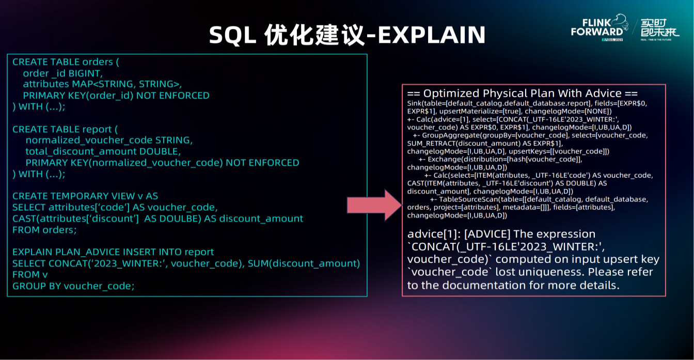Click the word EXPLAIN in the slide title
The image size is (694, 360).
431,35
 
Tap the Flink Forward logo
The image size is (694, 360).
600,27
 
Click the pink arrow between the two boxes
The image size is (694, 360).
374,205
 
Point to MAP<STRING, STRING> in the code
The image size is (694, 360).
126,84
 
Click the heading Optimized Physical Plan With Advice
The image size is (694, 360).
523,93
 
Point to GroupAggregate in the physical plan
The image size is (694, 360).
447,135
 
